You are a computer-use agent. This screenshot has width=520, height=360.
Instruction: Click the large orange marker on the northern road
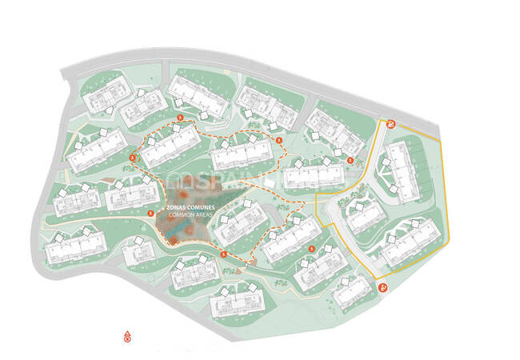click(391, 122)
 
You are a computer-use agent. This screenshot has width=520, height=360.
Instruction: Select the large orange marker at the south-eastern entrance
click(385, 287)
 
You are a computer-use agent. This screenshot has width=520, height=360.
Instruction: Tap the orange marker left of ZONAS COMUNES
click(151, 213)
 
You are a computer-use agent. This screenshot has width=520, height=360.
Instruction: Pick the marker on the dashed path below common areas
click(224, 254)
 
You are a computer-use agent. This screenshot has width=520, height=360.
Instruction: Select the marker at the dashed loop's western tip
click(133, 158)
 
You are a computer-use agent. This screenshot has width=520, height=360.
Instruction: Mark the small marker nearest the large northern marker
click(350, 160)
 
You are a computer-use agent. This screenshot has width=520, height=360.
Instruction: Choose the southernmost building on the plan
click(238, 302)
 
